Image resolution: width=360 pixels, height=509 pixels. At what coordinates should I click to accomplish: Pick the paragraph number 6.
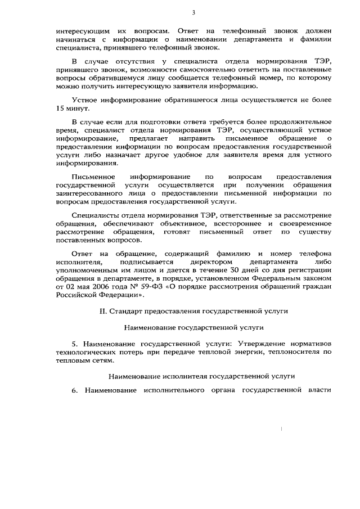tap(75, 390)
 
